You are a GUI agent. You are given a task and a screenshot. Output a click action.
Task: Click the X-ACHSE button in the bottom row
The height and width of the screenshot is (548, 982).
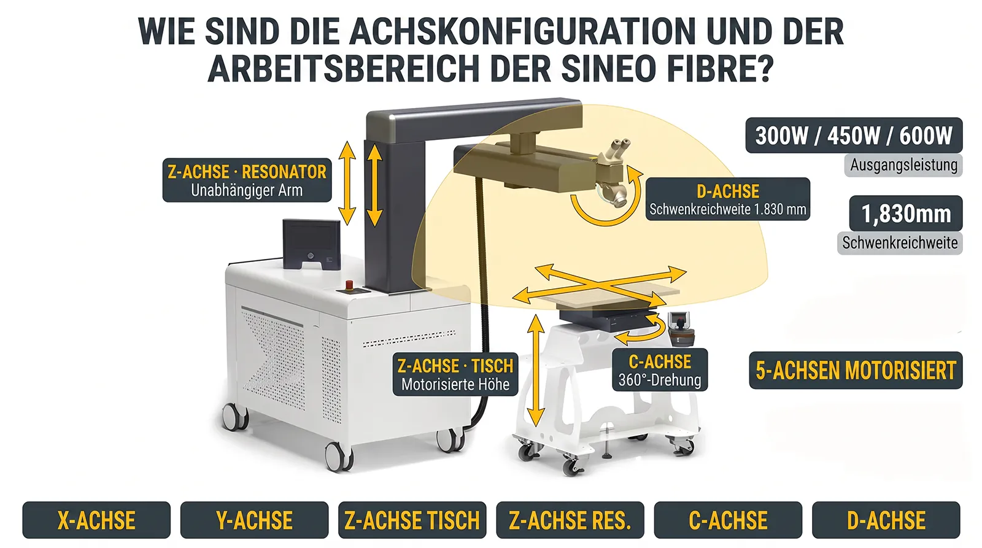96,520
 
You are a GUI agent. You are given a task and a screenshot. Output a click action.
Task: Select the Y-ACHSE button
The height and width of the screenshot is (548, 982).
254,520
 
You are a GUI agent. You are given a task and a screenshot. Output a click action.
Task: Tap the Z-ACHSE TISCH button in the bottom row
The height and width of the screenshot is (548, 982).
412,520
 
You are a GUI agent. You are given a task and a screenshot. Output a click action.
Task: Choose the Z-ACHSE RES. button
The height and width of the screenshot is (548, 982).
570,520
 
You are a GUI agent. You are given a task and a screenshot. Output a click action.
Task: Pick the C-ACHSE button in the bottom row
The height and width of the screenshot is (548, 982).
728,520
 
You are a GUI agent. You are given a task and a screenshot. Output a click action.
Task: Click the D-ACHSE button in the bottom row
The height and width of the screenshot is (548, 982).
886,520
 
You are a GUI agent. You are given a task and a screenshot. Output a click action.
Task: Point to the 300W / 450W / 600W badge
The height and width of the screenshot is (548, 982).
854,136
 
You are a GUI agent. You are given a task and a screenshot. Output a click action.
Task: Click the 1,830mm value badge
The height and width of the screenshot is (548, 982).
906,214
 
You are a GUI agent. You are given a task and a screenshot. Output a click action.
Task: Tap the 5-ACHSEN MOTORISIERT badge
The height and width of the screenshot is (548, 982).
856,371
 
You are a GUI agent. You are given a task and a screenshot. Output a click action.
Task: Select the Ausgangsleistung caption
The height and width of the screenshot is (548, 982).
903,165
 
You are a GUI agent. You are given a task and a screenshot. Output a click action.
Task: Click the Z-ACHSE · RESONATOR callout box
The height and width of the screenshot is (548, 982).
247,180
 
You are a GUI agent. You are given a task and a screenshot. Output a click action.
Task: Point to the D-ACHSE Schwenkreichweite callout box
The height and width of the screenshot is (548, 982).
728,199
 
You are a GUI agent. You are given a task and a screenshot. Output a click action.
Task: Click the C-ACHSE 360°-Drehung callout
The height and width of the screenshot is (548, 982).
660,369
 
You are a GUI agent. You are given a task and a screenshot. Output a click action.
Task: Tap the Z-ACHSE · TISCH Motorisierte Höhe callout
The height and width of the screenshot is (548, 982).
455,374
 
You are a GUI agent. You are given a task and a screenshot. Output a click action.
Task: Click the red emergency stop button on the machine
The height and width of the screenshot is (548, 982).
349,285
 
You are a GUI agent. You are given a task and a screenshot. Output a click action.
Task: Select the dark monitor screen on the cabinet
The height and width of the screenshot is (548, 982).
311,244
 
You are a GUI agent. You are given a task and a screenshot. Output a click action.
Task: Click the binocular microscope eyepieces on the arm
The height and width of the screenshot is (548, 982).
616,152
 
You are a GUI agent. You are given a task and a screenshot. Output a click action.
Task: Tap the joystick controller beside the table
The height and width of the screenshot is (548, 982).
681,329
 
